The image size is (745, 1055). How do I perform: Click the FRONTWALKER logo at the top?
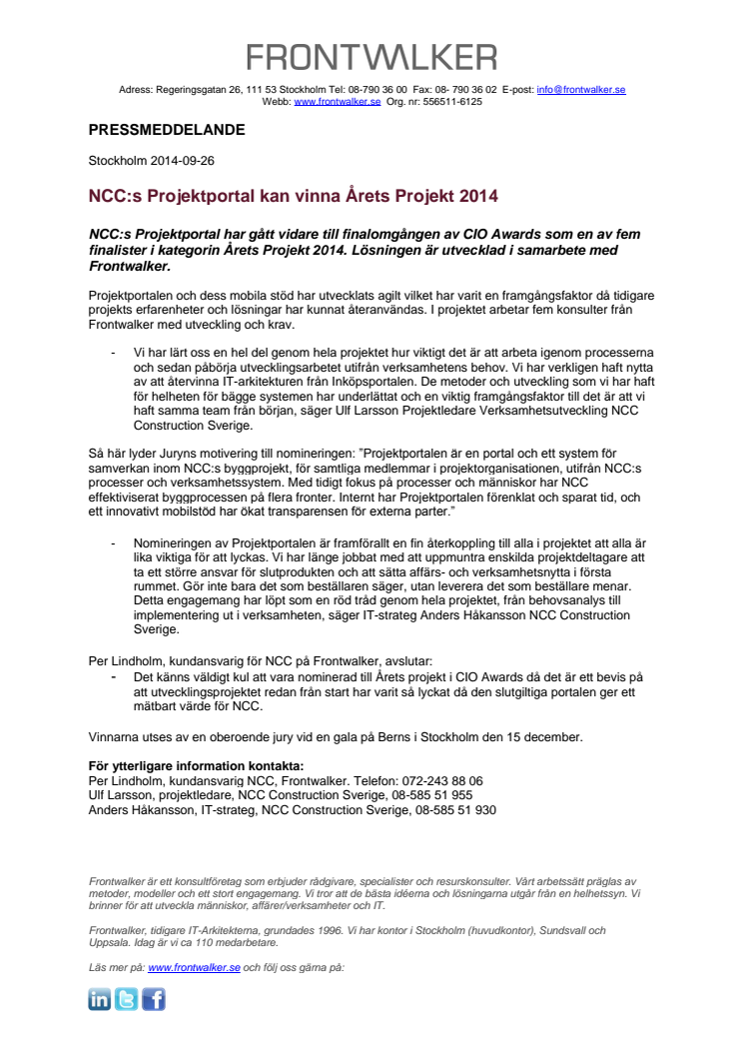pos(372,57)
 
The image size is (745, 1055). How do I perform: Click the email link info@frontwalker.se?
pos(581,90)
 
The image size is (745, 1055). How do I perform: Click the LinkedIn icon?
pos(100,999)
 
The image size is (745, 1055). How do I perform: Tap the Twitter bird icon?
pos(127,999)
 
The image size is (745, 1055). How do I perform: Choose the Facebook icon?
pos(154,999)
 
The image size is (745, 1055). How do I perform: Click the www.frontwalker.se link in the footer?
pos(194,967)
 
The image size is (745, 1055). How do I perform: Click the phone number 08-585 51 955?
pos(432,795)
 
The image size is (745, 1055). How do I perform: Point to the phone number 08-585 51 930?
pos(455,810)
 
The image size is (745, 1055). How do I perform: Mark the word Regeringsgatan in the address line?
pos(194,90)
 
